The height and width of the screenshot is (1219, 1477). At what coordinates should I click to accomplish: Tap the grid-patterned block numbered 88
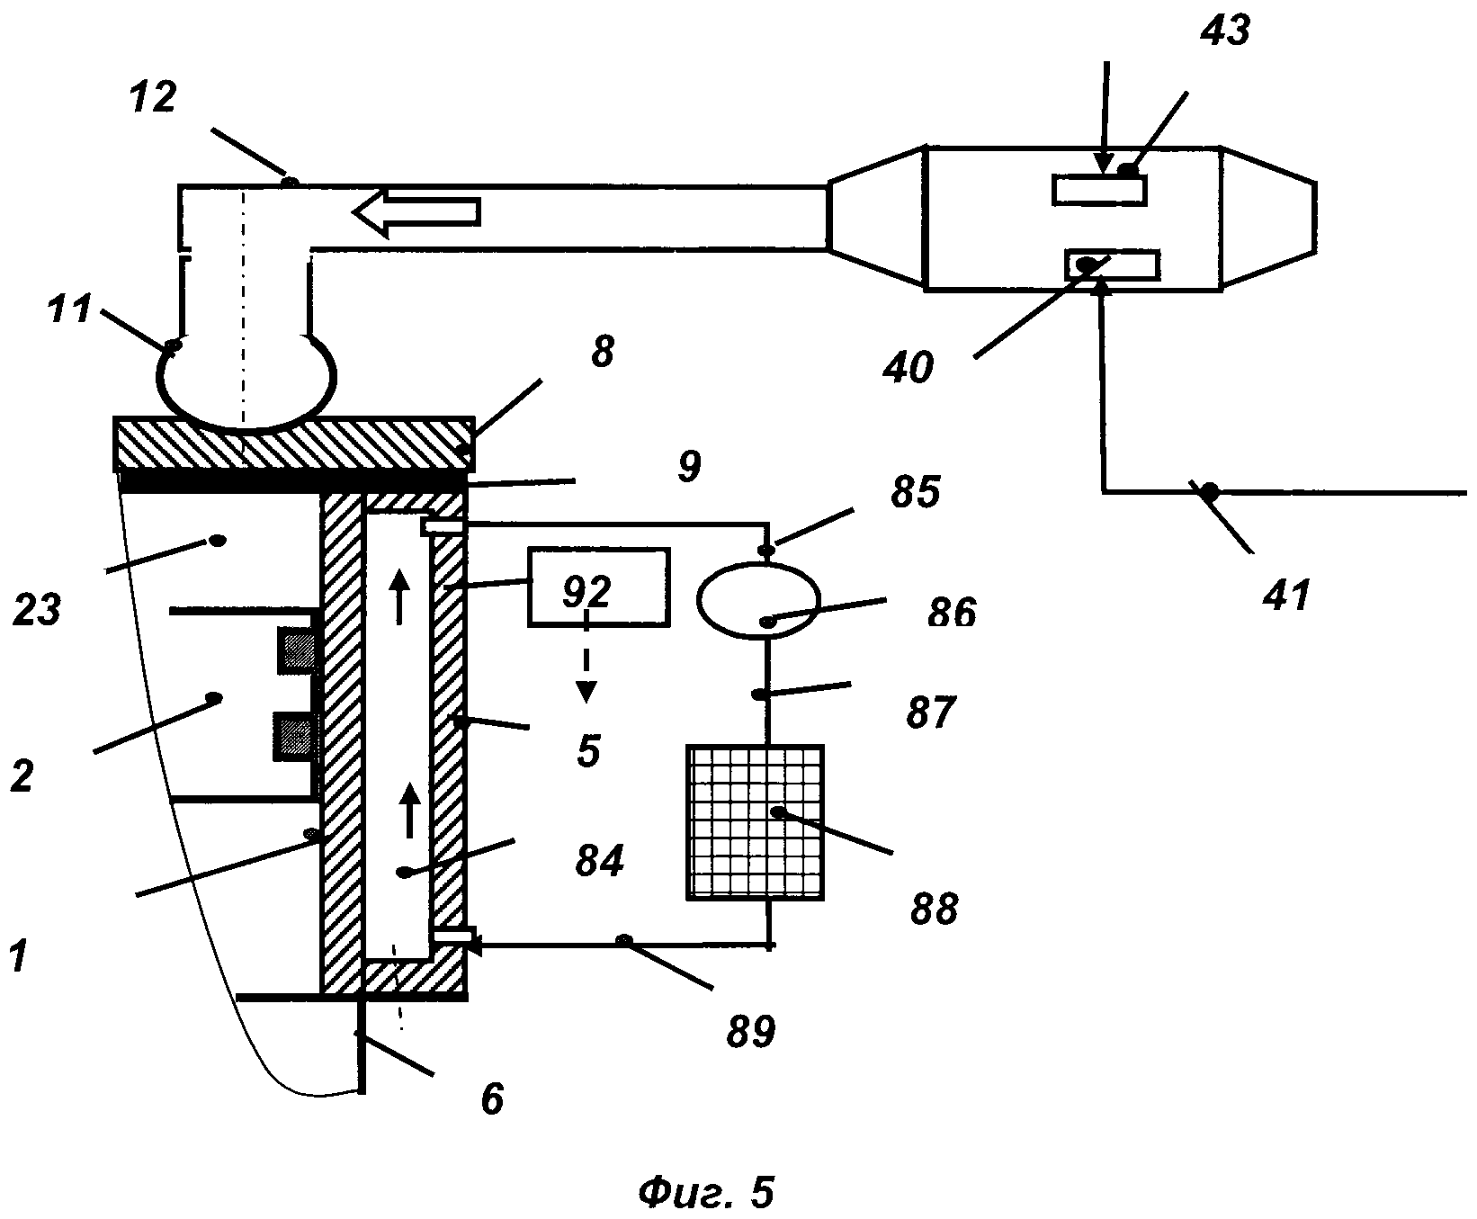pos(756,821)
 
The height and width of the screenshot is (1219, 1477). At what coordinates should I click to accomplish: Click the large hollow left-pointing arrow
pos(416,213)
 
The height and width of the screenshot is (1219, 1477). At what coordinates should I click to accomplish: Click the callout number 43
pos(1224,32)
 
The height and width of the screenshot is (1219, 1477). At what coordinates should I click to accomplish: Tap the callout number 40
pos(909,368)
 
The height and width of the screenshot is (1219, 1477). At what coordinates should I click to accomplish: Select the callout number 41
pos(1287,595)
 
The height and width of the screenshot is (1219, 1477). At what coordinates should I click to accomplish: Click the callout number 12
pos(152,97)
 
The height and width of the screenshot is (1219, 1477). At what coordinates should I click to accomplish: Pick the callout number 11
pos(68,309)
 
